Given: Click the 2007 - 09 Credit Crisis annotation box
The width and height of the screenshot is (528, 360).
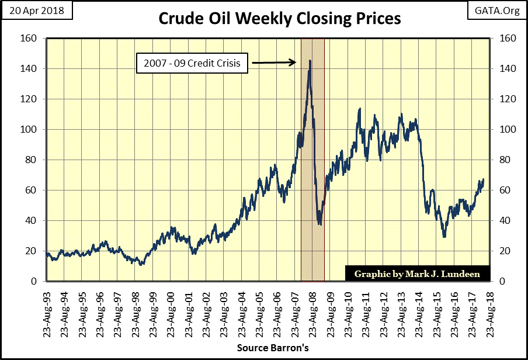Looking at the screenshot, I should (192, 63).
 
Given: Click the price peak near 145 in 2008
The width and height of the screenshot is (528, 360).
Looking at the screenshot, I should (310, 60).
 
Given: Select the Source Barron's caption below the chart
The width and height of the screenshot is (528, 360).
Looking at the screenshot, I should (273, 348).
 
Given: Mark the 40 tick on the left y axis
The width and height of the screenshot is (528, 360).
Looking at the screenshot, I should (33, 221).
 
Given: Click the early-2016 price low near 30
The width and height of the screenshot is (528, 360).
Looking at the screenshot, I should (444, 236).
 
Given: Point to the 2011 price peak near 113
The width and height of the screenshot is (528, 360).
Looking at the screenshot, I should (360, 109).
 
